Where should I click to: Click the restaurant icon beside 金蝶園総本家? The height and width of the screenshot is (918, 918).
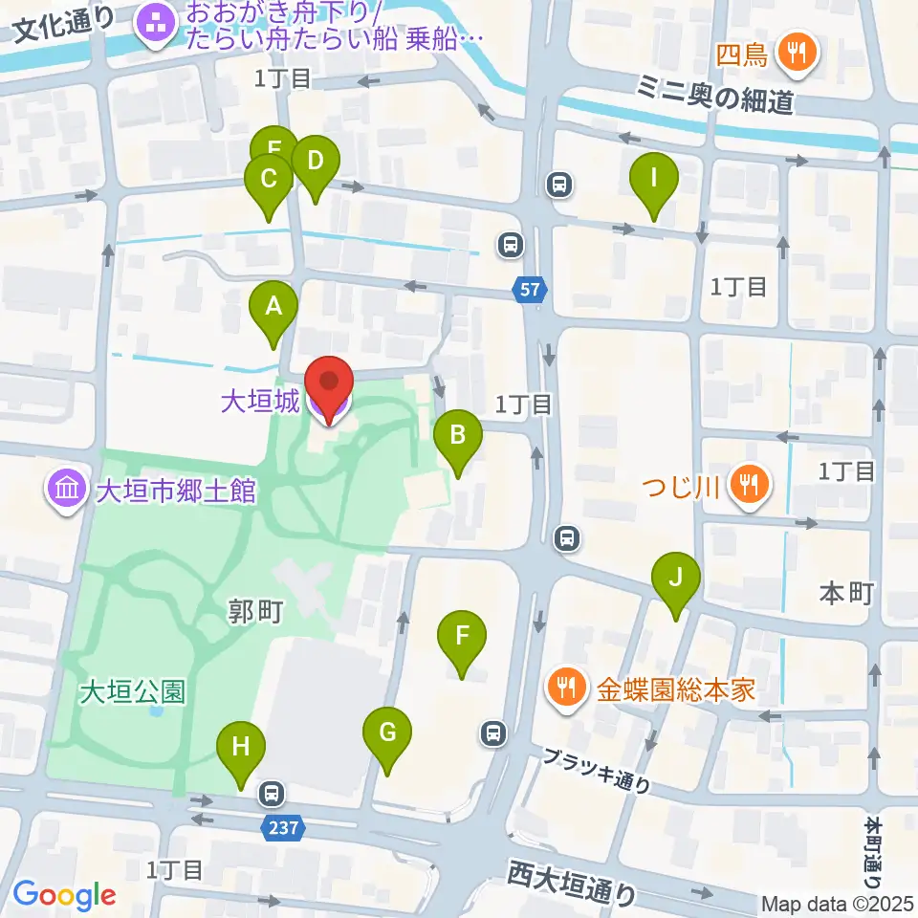(568, 688)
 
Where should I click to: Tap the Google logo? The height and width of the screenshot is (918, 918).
(64, 896)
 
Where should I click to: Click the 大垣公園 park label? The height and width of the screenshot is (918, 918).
(132, 690)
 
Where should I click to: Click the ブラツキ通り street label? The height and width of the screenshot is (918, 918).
(597, 771)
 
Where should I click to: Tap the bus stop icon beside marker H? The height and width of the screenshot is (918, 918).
(272, 793)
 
